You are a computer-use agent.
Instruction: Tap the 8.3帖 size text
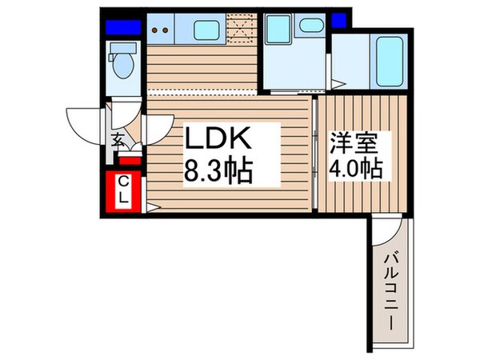(x=220, y=170)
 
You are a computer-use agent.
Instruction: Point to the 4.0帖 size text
(x=354, y=170)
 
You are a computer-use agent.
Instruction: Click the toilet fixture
(x=124, y=64)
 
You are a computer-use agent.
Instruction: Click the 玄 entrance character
(x=117, y=142)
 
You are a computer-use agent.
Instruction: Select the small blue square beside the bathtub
(x=338, y=20)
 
